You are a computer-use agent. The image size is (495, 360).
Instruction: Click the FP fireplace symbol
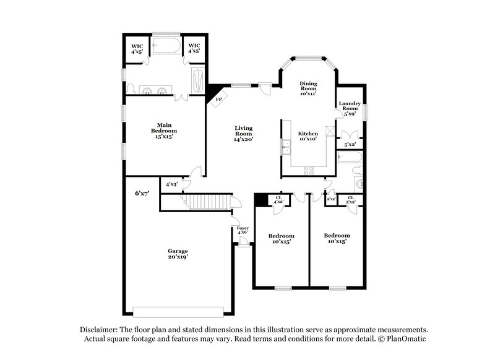218,99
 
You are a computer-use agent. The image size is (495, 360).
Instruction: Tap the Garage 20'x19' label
178,254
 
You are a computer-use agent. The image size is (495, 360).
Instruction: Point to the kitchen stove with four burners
309,169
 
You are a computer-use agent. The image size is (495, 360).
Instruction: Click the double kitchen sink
286,147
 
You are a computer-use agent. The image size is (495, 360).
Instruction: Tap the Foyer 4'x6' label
243,231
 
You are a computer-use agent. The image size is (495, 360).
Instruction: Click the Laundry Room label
350,109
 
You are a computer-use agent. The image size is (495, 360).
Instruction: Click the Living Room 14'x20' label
243,134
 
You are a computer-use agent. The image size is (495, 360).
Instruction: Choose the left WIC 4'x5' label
137,48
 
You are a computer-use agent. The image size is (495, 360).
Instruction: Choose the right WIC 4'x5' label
194,48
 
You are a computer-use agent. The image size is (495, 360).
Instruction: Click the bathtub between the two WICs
166,46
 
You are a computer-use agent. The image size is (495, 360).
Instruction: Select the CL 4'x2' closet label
278,200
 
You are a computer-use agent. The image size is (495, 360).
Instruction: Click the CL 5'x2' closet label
350,200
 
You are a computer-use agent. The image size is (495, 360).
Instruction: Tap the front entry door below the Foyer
244,244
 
